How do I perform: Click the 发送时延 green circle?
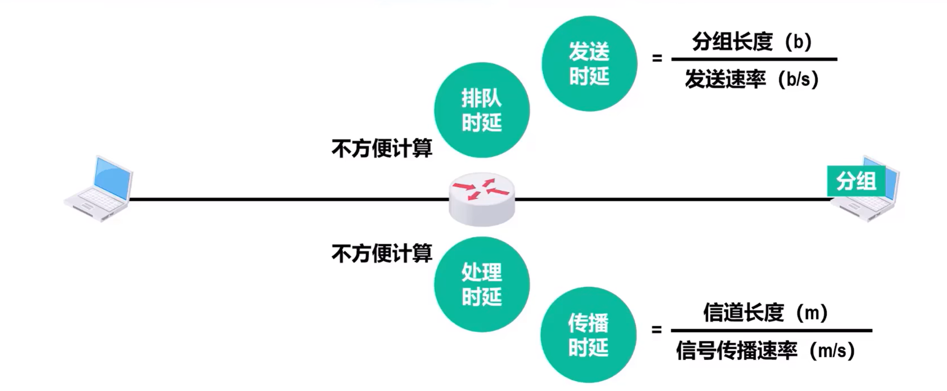click(589, 64)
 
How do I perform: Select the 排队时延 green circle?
click(482, 110)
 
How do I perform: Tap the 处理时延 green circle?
click(482, 284)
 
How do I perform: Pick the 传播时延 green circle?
click(588, 335)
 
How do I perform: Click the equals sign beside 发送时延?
click(657, 58)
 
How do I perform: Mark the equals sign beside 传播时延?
click(656, 329)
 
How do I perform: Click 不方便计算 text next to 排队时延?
click(382, 148)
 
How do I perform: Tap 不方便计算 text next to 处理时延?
click(382, 254)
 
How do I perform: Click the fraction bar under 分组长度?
click(754, 59)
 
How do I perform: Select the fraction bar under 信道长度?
click(771, 331)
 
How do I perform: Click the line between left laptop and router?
click(287, 199)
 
